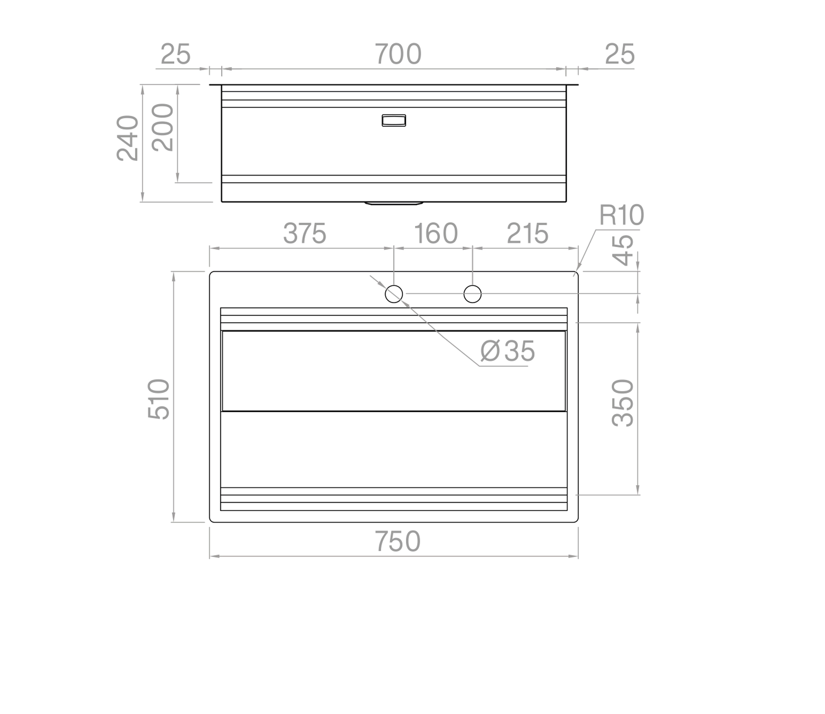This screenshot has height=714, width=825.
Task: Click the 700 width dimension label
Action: (x=398, y=54)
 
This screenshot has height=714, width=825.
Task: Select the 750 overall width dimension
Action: (x=398, y=541)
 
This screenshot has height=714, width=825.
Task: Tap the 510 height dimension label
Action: (x=159, y=399)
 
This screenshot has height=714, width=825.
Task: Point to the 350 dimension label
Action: (x=622, y=403)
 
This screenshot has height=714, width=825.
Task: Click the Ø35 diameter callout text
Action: (x=507, y=351)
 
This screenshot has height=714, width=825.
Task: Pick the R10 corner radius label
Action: (x=621, y=215)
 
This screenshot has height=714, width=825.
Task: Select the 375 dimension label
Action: (x=304, y=233)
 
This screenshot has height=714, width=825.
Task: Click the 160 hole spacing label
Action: (x=436, y=233)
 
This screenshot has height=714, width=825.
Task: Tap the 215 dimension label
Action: (x=528, y=233)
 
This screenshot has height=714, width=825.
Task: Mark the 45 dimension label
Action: (x=622, y=250)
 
